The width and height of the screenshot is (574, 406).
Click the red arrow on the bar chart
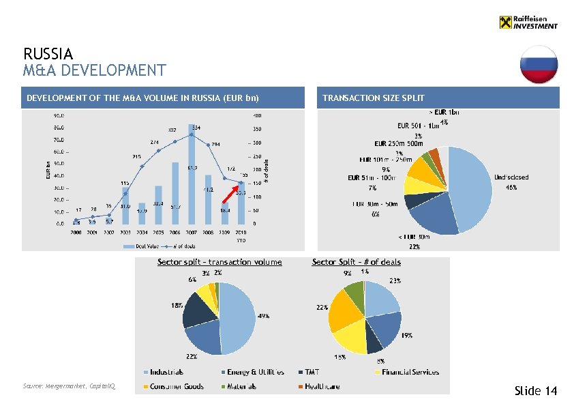229,194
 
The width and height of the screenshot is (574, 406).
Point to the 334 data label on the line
196,127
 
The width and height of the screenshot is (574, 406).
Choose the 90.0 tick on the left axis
59,115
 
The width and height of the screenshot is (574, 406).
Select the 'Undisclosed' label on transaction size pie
511,177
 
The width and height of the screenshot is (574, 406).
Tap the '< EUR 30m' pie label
413,237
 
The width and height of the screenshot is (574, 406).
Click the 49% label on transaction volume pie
262,316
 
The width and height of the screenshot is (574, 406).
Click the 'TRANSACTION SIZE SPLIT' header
373,98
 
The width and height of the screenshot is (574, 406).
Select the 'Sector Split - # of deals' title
356,261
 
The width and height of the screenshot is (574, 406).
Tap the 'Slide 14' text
536,391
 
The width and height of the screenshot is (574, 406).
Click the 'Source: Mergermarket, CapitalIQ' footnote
70,386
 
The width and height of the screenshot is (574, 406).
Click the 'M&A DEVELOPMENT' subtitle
94,70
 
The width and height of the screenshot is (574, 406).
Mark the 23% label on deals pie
395,280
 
